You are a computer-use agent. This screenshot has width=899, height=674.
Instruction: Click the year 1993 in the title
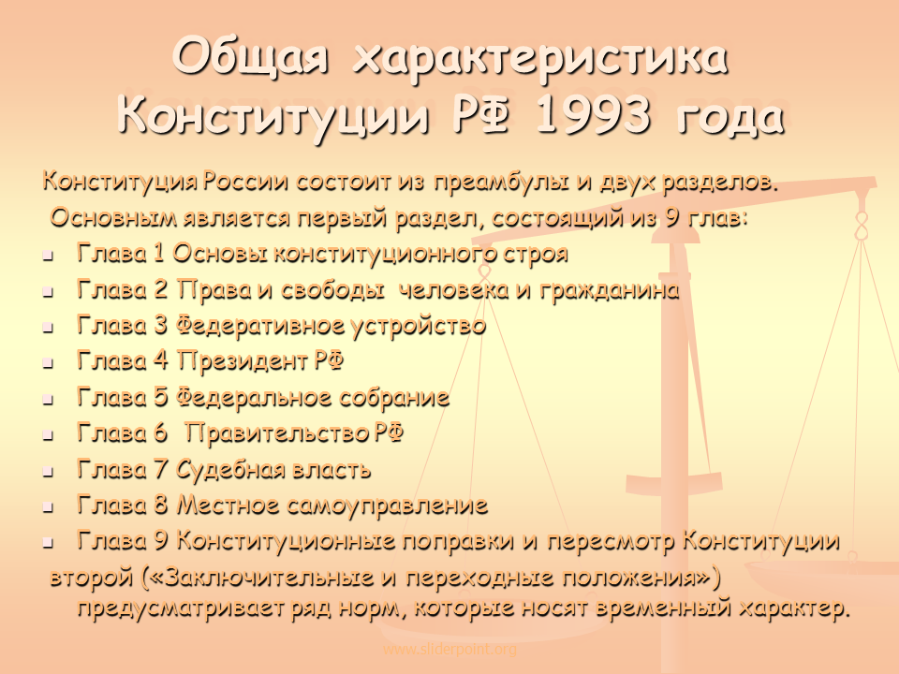pos(594,114)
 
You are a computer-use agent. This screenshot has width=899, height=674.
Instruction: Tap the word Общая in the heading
pos(251,57)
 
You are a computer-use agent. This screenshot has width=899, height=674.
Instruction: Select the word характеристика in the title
pos(540,57)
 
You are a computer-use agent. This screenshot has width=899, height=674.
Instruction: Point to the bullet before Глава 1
pos(48,256)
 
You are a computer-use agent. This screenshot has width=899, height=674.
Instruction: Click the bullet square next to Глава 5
pos(48,400)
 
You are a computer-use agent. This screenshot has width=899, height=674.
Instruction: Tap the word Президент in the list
pos(243,361)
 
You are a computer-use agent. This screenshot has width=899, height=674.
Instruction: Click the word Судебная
pos(230,469)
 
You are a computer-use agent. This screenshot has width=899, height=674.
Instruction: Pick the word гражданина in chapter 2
pos(610,290)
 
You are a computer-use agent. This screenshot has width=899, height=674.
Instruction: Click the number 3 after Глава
pos(161,326)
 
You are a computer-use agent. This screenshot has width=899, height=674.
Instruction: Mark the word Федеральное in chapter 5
pos(253,398)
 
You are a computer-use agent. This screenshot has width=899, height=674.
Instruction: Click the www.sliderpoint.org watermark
pos(449,650)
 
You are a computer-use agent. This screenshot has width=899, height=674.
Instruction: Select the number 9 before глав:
pos(672,218)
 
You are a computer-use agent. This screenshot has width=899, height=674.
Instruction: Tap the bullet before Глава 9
pos(48,543)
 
